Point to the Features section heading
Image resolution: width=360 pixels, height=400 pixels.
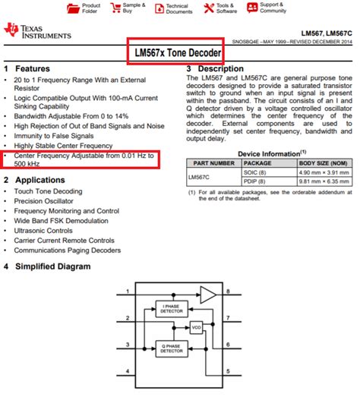(33, 69)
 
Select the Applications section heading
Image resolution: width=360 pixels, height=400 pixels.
(42, 179)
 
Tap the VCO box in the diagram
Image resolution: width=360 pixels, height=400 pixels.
(197, 327)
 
